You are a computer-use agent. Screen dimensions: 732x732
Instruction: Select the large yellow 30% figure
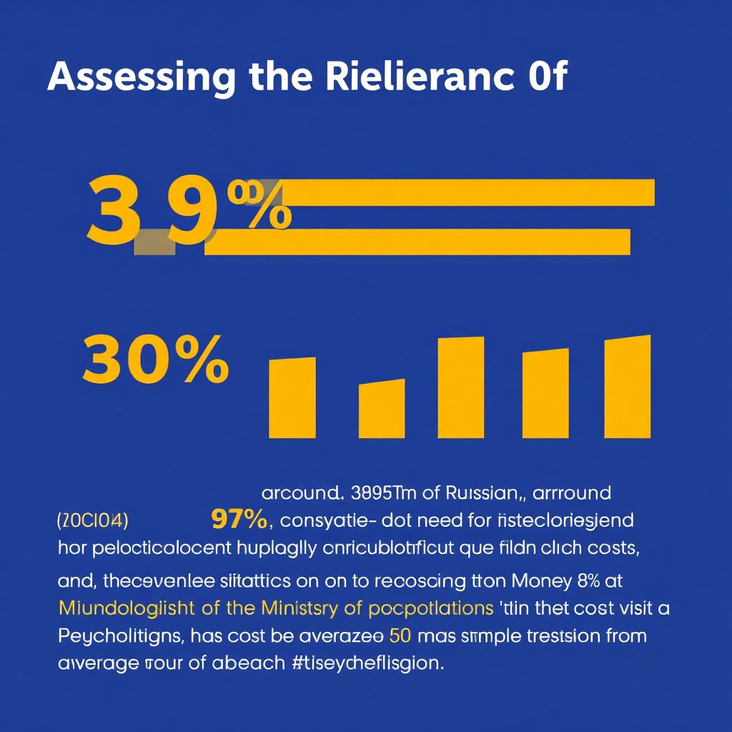click(155, 360)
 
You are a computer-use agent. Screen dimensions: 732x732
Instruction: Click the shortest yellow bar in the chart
click(381, 409)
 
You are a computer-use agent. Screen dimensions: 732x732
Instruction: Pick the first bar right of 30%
click(292, 398)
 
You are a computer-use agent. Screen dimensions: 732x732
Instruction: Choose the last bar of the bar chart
click(628, 387)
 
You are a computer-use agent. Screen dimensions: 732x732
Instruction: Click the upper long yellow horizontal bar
click(465, 192)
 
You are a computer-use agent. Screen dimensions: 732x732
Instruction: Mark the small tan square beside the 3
click(154, 242)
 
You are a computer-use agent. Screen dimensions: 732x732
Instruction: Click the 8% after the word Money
click(586, 580)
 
